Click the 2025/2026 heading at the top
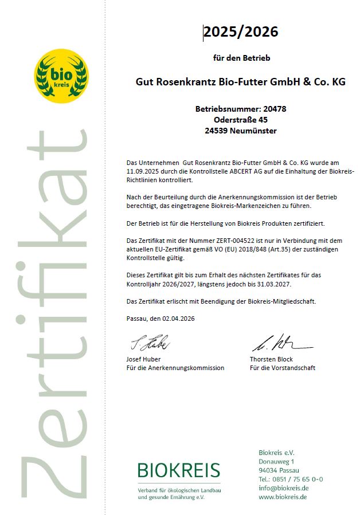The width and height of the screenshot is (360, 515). pyautogui.click(x=241, y=33)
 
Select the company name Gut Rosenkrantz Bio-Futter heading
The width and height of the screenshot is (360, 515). pyautogui.click(x=240, y=82)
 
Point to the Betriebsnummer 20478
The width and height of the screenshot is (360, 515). pyautogui.click(x=241, y=108)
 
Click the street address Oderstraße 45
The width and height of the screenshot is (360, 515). pyautogui.click(x=241, y=120)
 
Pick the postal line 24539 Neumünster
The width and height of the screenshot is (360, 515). pyautogui.click(x=241, y=131)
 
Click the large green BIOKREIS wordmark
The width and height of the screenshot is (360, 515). pyautogui.click(x=178, y=471)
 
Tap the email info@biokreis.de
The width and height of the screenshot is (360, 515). pyautogui.click(x=284, y=488)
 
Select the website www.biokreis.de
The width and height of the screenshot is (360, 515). pyautogui.click(x=283, y=497)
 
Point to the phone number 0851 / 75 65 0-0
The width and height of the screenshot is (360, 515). pyautogui.click(x=298, y=479)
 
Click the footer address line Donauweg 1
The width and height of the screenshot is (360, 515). pyautogui.click(x=276, y=461)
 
